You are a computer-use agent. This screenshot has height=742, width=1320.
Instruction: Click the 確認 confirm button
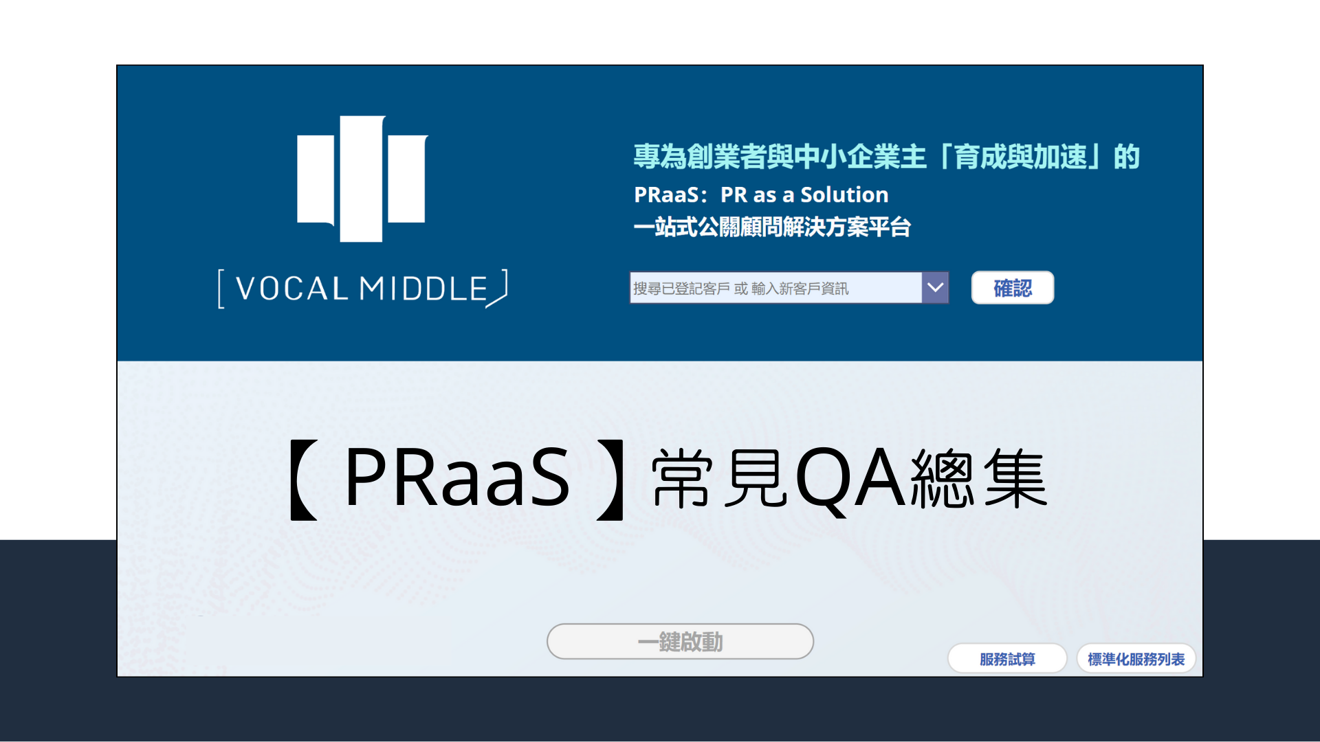point(1012,288)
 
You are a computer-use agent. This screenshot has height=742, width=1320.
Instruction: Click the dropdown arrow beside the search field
point(935,288)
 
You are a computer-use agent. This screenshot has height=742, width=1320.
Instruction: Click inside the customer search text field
point(775,288)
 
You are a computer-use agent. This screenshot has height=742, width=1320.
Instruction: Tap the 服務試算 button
point(1007,659)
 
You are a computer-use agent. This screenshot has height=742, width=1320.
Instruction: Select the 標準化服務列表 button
point(1136,659)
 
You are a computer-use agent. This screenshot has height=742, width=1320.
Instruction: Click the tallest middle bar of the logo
point(362,179)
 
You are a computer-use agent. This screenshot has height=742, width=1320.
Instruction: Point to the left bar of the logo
point(316,179)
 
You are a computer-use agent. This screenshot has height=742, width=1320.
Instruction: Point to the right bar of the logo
point(407,179)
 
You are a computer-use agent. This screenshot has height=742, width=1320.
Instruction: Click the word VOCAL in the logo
point(292,289)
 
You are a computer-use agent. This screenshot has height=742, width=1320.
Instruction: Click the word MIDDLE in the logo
point(423,289)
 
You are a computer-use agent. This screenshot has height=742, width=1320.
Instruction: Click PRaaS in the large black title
point(457,477)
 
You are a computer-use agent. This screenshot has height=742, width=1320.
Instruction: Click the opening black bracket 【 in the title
point(302,479)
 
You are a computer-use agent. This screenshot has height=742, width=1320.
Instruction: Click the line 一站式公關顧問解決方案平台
point(772,227)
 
